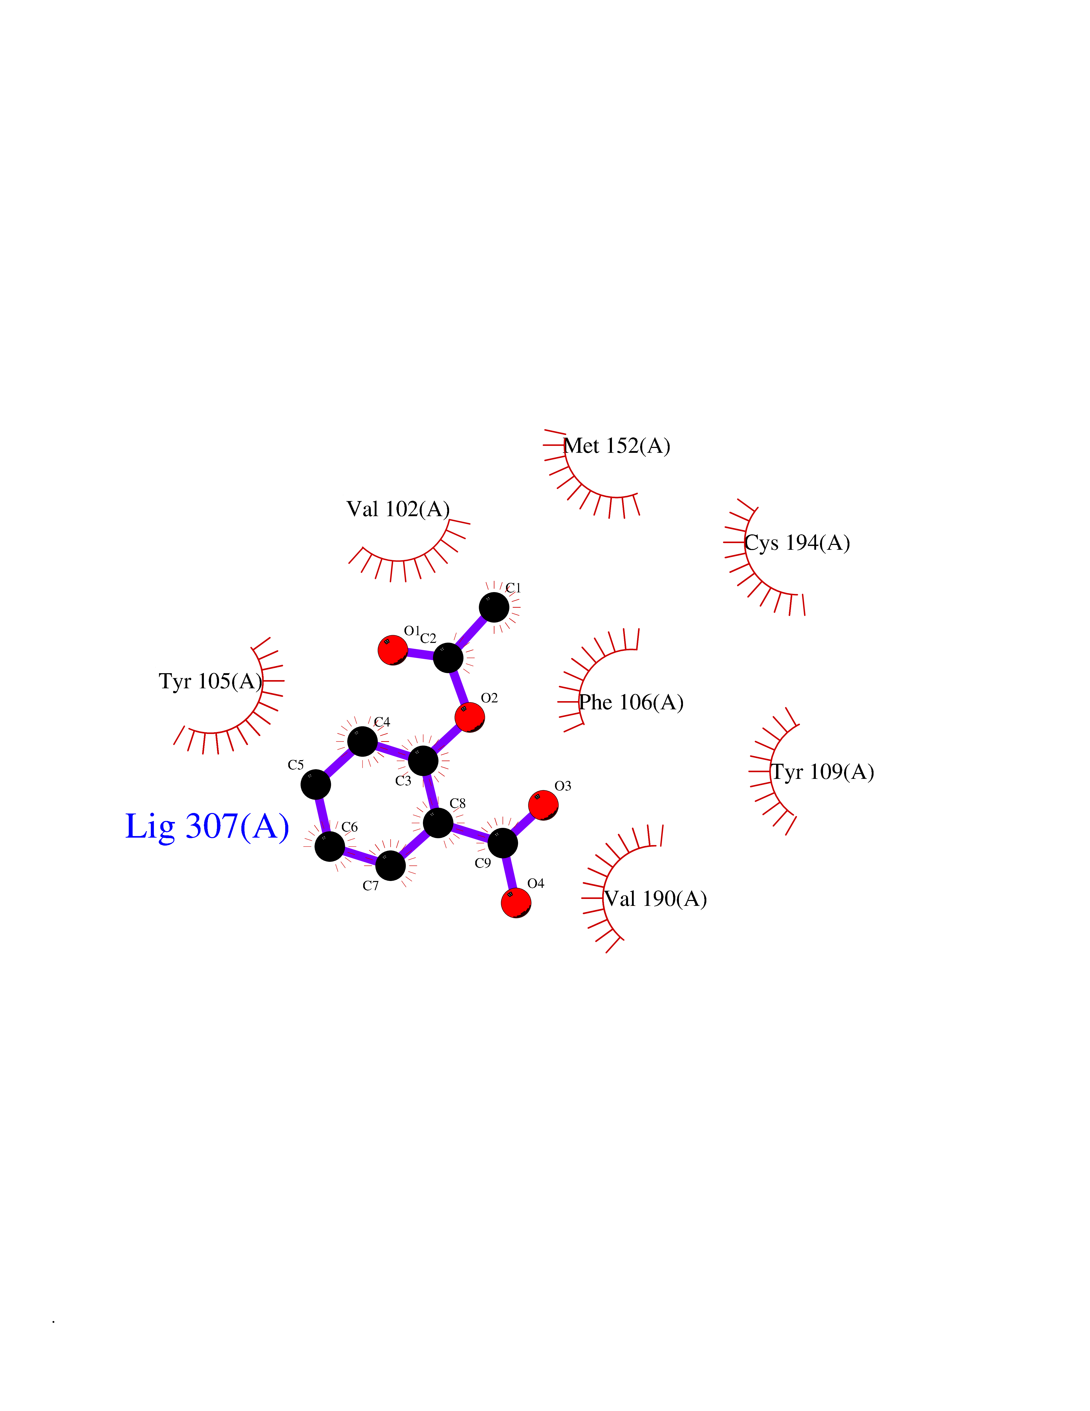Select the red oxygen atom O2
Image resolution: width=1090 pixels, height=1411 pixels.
(469, 717)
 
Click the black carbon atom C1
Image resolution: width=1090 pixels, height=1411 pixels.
(494, 607)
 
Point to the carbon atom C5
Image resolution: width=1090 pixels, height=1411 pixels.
(316, 784)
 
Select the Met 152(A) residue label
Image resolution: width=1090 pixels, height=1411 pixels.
(617, 446)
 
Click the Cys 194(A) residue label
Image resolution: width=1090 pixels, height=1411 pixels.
(797, 543)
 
